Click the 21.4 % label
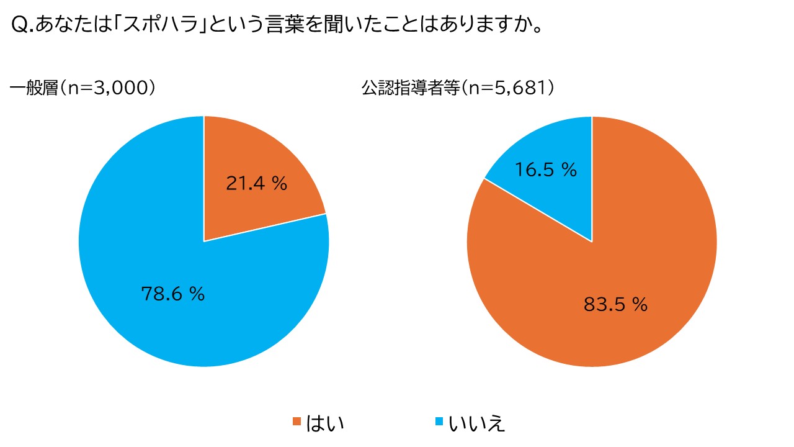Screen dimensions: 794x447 [257, 183]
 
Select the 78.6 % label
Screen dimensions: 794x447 [173, 294]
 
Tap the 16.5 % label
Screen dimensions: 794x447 [546, 169]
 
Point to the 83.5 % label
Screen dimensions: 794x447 [616, 304]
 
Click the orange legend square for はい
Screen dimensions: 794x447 [297, 422]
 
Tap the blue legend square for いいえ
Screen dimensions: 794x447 [439, 422]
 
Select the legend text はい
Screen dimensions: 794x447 [325, 423]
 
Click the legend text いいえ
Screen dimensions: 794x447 [477, 423]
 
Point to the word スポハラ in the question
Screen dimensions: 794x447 [160, 24]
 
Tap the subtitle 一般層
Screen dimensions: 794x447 [34, 88]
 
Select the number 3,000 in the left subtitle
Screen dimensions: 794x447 [120, 88]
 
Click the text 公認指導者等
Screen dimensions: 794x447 [411, 88]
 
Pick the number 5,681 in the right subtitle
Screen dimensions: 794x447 [520, 88]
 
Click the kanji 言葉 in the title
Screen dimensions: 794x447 [285, 24]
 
